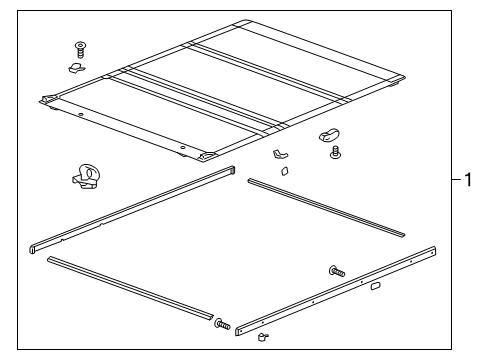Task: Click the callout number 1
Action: tap(467, 180)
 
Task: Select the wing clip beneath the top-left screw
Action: tap(75, 68)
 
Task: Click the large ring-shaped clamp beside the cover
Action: tap(88, 177)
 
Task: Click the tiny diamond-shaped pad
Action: tap(283, 171)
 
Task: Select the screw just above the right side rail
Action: tap(336, 270)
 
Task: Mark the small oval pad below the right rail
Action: tap(374, 286)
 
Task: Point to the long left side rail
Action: tap(130, 210)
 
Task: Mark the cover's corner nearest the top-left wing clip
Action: tap(47, 99)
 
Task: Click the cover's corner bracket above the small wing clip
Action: tap(210, 157)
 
